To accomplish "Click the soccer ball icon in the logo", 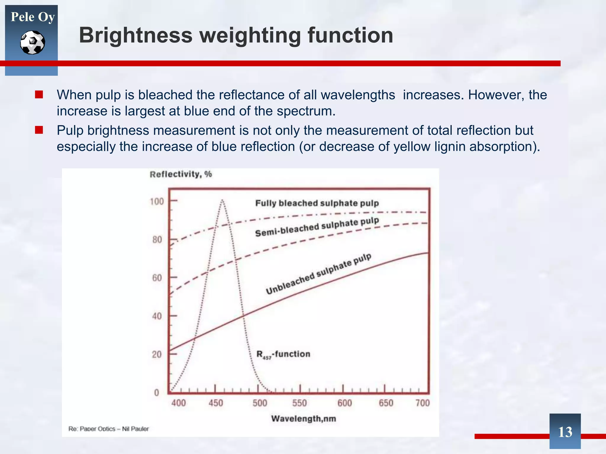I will pos(33,43).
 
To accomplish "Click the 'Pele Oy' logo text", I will pos(33,17).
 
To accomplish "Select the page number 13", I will pos(565,432).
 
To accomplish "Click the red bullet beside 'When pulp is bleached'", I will pos(39,95).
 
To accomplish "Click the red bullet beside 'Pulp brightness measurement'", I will pos(39,130).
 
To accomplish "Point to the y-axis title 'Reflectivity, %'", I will pos(181,174).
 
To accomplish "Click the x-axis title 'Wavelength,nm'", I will pos(304,419).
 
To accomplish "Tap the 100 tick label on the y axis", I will pos(157,202).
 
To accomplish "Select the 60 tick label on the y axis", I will pos(157,278).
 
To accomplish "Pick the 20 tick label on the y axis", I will pos(157,354).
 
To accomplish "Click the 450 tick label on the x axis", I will pos(216,403).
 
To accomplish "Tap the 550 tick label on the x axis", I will pos(299,403).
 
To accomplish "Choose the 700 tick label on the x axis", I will pos(423,403).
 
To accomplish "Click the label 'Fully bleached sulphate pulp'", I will pos(317,203).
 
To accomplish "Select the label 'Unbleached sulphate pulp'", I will pos(318,274).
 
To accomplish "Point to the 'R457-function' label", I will pos(283,354).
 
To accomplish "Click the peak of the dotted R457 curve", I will pos(222,201).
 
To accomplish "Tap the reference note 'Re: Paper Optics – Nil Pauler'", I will pos(109,429).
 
